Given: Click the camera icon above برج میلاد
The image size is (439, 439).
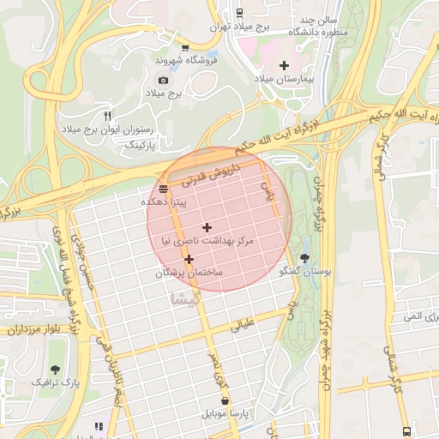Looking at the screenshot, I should point(164,80).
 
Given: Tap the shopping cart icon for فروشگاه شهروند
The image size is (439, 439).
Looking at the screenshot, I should point(185,47).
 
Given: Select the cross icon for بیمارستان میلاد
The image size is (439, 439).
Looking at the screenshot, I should point(284,65).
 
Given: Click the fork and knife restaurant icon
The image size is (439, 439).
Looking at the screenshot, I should point(107,116).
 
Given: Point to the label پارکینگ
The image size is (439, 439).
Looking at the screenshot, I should point(142,147).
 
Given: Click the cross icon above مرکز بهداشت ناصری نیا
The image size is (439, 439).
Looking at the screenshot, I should point(207,227).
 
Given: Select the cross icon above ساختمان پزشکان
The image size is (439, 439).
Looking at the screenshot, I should point(189,258).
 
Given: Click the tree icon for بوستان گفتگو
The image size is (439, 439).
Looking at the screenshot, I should point(305,258).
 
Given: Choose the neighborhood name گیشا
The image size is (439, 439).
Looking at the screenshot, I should point(185,298).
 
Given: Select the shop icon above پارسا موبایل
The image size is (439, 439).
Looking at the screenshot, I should point(225,400).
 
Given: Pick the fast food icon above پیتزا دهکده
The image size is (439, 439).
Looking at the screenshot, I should point(163,188).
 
